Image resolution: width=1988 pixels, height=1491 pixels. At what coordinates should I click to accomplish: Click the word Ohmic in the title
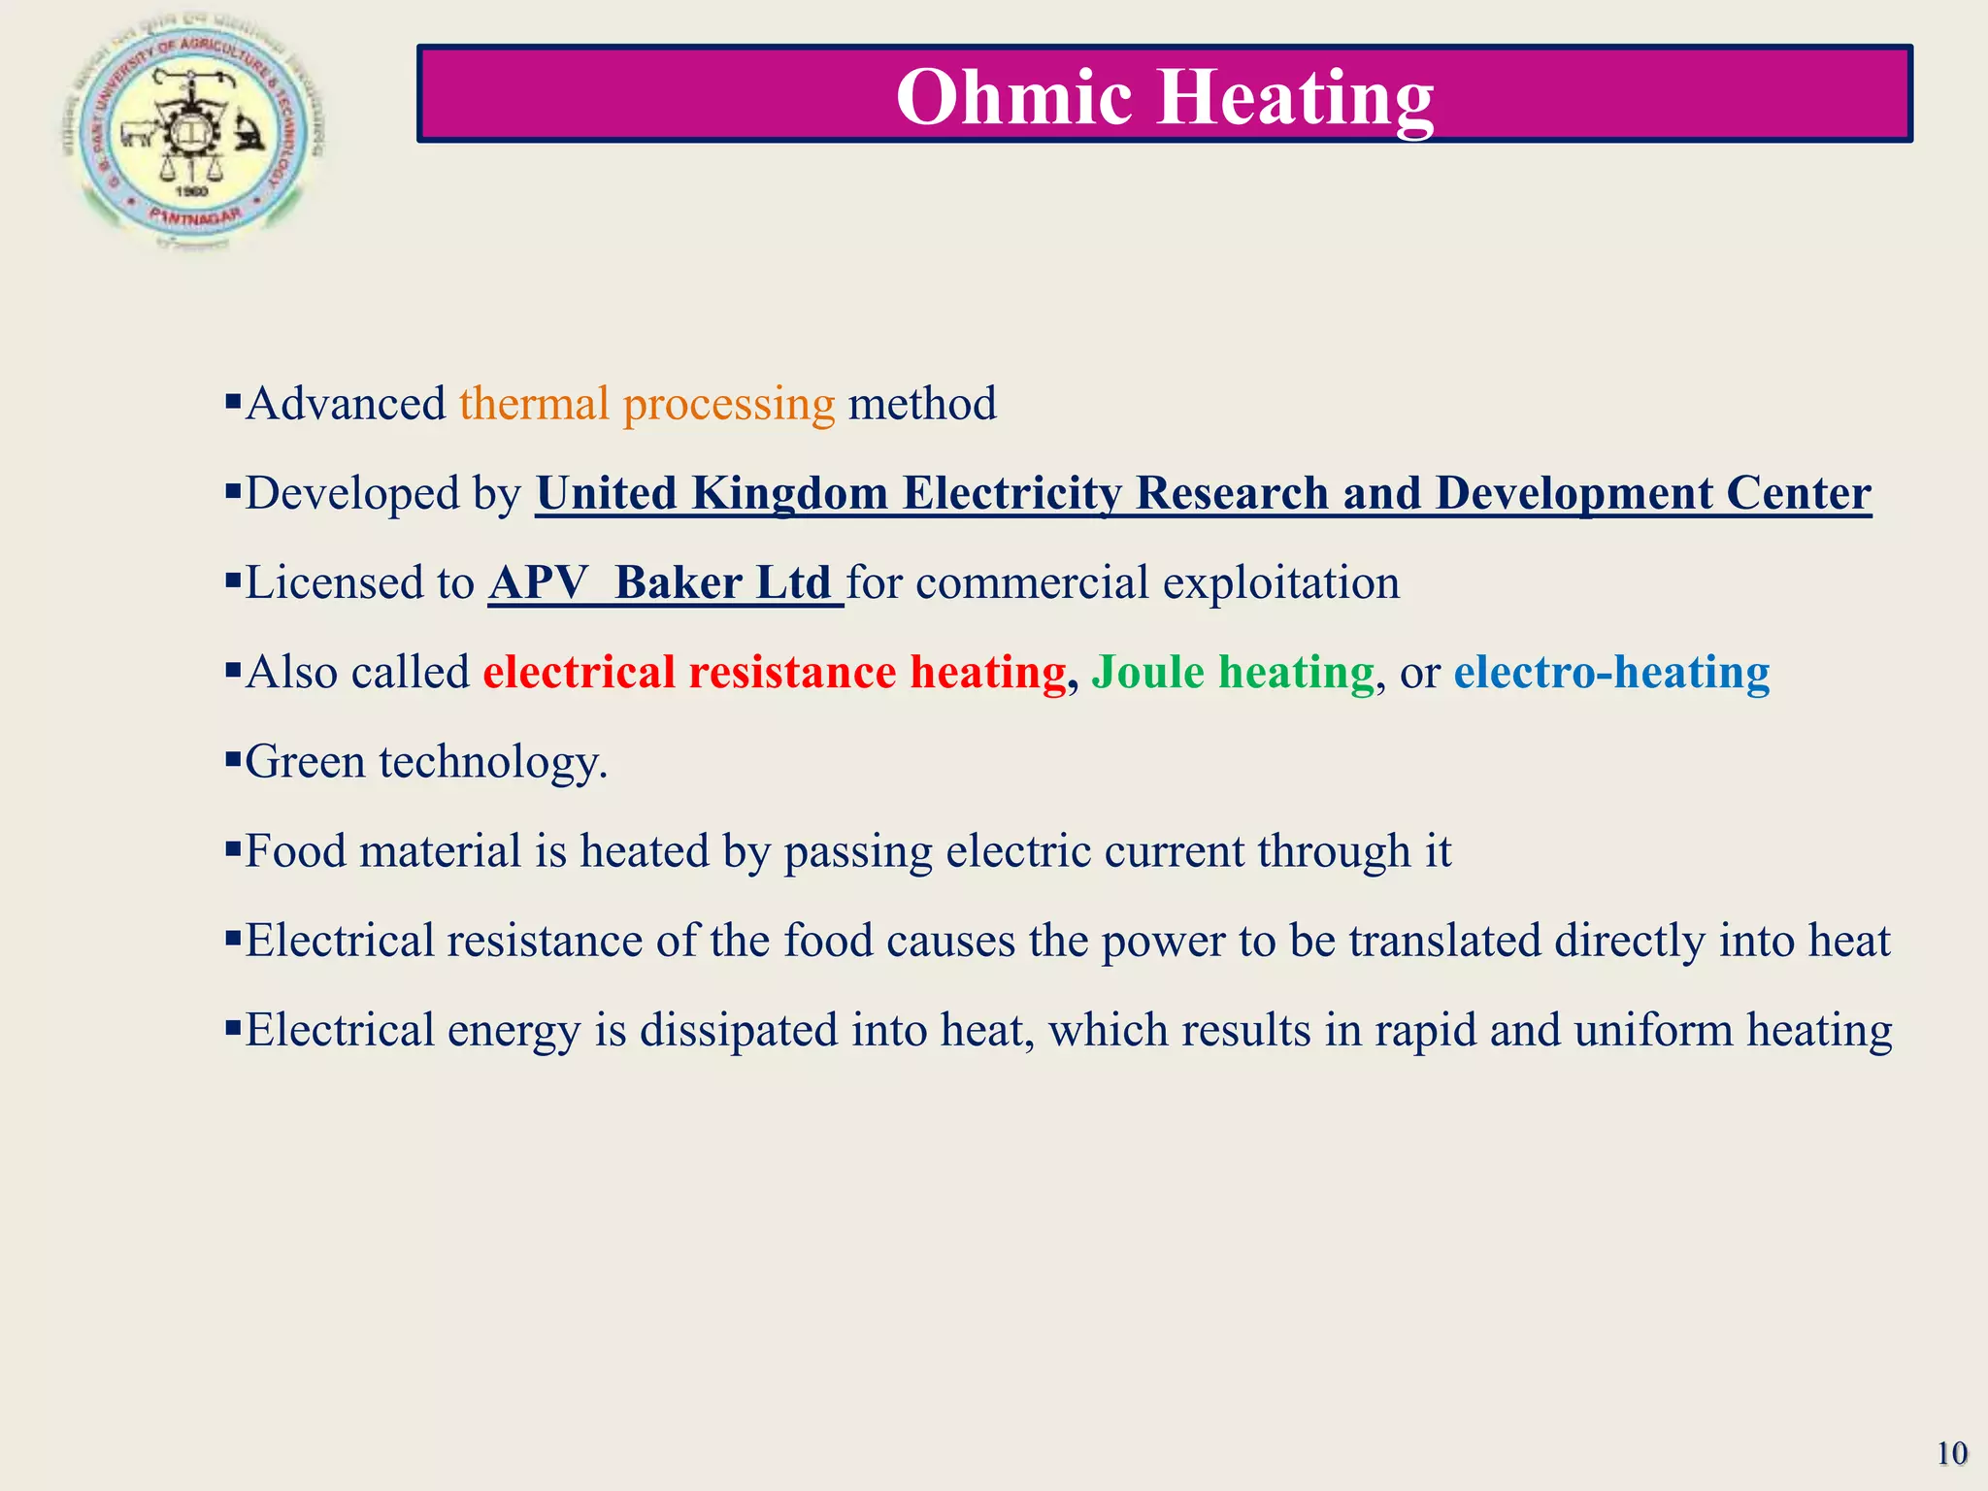click(1013, 97)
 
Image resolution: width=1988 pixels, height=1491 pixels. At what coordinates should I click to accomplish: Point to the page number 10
click(1951, 1453)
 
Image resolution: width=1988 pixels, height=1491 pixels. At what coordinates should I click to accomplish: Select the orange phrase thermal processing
click(646, 404)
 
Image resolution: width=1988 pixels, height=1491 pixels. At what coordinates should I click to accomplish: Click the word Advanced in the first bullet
click(346, 404)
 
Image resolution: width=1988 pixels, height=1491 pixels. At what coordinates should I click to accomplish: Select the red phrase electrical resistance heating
click(774, 672)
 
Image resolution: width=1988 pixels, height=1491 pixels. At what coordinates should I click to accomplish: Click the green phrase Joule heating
click(1233, 672)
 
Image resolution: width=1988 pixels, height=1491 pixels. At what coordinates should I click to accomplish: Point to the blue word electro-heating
click(1611, 672)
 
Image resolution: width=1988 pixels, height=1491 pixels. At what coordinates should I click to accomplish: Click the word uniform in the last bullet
click(1653, 1030)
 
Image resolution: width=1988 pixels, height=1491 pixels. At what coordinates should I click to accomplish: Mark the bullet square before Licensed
click(232, 580)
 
